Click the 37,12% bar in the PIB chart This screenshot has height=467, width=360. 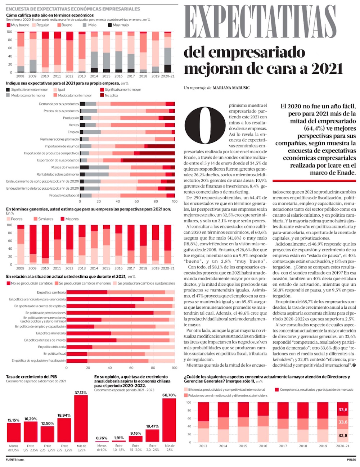81,419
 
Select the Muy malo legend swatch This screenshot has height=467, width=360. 110,25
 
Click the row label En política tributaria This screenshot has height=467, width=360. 52,347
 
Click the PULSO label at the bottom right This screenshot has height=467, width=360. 351,459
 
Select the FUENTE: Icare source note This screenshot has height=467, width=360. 15,459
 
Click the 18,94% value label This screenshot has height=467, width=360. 64,415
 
